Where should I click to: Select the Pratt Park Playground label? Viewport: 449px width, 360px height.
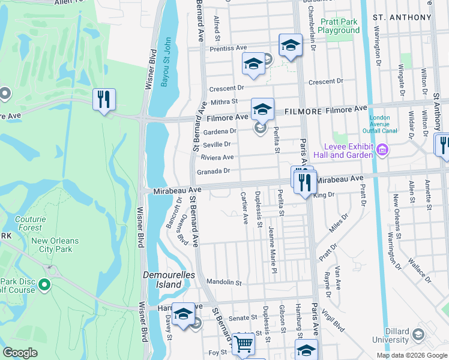pos(339,26)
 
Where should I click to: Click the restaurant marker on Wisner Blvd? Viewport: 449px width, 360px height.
pos(104,100)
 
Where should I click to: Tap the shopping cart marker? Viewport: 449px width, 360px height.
pos(243,344)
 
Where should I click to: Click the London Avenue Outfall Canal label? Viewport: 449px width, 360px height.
pos(384,123)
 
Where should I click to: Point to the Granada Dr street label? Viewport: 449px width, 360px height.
pos(214,171)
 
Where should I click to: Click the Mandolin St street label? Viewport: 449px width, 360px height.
pos(223,282)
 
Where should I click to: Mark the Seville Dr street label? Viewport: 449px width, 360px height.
pos(217,145)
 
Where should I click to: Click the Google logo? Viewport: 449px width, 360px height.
pos(21,353)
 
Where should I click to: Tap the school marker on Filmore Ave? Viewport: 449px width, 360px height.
pos(262,109)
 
